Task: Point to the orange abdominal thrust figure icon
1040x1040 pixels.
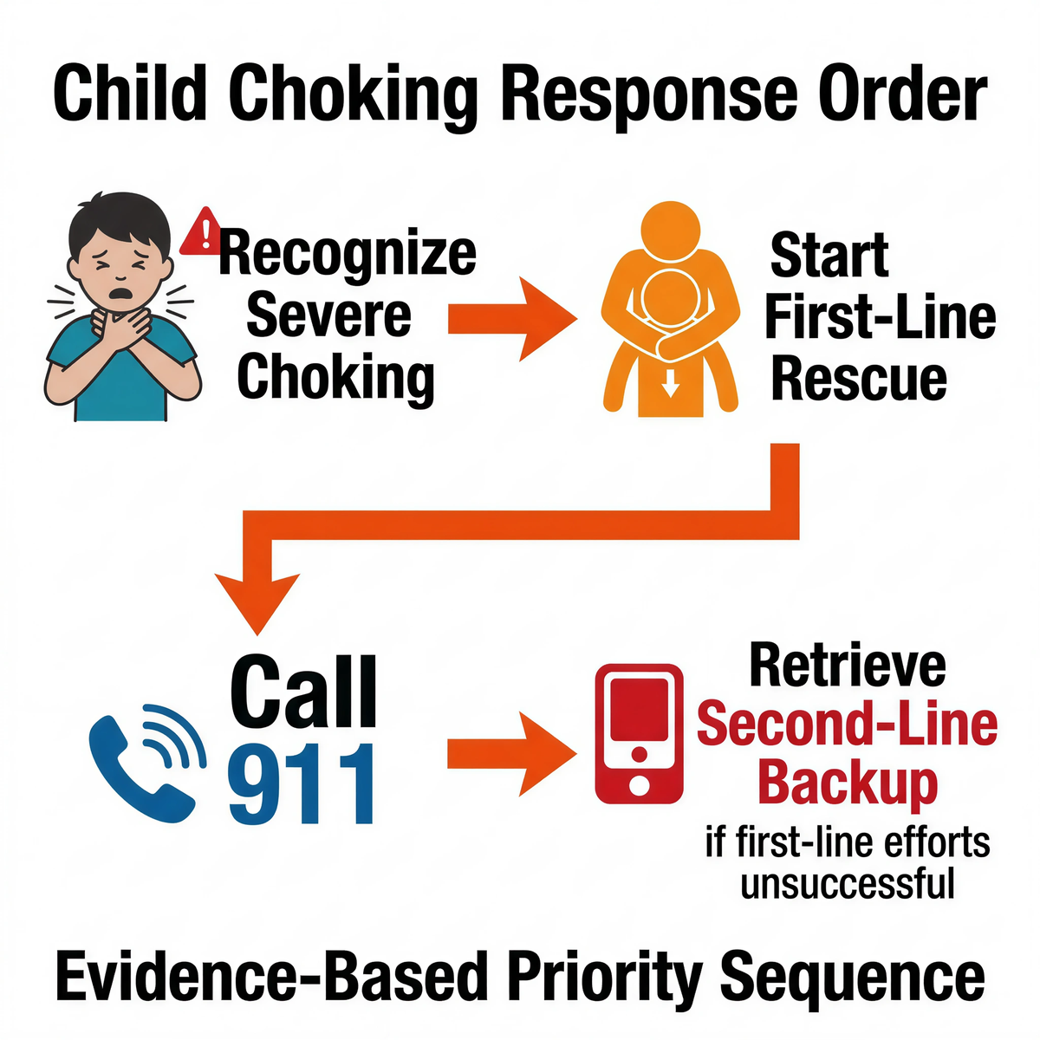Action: (x=669, y=312)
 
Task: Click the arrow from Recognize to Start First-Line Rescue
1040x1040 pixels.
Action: (x=510, y=319)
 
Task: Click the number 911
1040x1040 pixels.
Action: (x=301, y=784)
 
